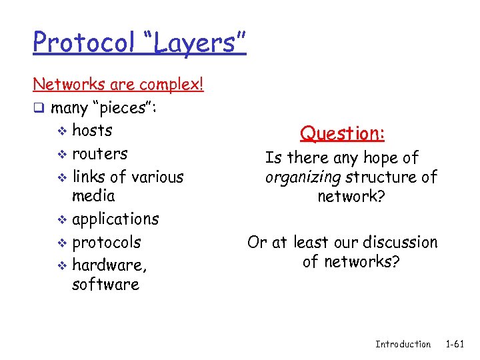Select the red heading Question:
343,133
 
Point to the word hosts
92,131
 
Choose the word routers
100,154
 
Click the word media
93,196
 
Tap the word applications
115,219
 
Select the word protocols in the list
107,242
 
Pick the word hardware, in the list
110,265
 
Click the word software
105,285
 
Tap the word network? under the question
351,197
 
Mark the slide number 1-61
455,344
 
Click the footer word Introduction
403,344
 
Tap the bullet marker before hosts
62,131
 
